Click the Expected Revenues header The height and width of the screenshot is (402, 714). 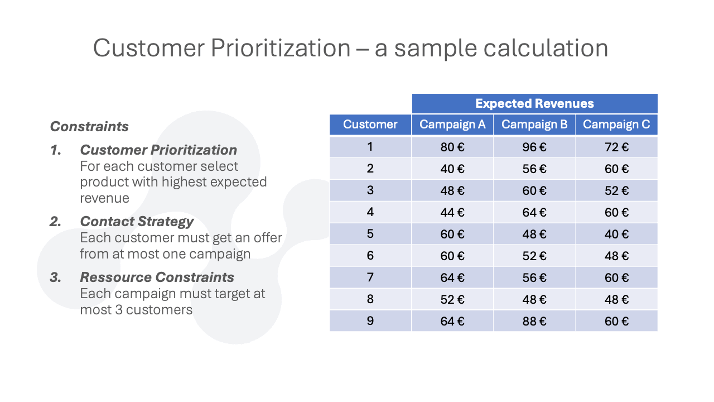click(534, 103)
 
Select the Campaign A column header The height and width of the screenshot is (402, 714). click(452, 125)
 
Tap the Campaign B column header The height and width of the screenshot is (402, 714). click(534, 125)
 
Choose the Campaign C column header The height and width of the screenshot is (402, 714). click(616, 125)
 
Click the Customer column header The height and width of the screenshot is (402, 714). click(370, 125)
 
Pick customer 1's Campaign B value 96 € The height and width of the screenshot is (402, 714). click(534, 147)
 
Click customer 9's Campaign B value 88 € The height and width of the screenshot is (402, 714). click(534, 321)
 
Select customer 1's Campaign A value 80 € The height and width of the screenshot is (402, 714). click(452, 147)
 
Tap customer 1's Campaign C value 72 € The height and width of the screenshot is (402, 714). click(616, 147)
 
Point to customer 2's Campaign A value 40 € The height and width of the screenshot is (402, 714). click(452, 169)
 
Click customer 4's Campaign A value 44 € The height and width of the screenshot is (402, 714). click(452, 213)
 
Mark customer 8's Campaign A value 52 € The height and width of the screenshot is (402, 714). click(452, 300)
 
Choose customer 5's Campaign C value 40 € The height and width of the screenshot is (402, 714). click(616, 234)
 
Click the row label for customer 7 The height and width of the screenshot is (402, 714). click(370, 277)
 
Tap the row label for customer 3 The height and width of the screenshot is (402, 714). click(370, 190)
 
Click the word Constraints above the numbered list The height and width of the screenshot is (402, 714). click(89, 126)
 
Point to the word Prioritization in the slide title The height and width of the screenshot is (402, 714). click(281, 48)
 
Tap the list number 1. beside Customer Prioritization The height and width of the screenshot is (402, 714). click(56, 150)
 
